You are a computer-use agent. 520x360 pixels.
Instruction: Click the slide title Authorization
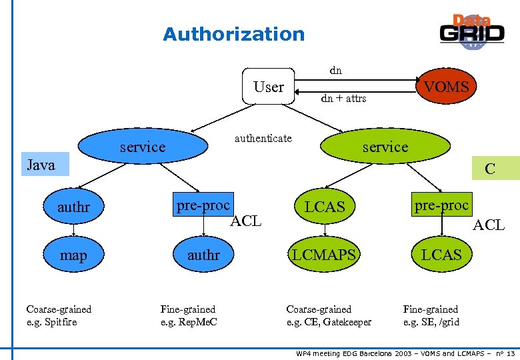[233, 34]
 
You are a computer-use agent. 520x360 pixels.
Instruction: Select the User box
[268, 87]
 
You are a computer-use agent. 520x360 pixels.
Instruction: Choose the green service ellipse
[385, 147]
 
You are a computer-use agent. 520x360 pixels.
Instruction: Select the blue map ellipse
[73, 255]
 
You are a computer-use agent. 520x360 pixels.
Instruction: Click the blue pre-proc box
[203, 205]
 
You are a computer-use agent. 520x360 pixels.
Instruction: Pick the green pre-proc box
[441, 205]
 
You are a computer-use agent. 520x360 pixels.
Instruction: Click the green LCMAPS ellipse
[324, 255]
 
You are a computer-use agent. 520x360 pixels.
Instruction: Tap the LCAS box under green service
[325, 207]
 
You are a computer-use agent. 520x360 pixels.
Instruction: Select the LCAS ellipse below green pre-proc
[441, 255]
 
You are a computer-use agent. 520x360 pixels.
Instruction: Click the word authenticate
[263, 138]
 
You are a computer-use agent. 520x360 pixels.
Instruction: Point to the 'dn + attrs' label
[343, 98]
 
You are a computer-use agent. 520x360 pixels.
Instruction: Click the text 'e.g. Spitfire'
[51, 322]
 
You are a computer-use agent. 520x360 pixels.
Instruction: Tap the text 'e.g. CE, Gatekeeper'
[329, 322]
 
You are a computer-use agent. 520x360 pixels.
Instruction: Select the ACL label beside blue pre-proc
[245, 221]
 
